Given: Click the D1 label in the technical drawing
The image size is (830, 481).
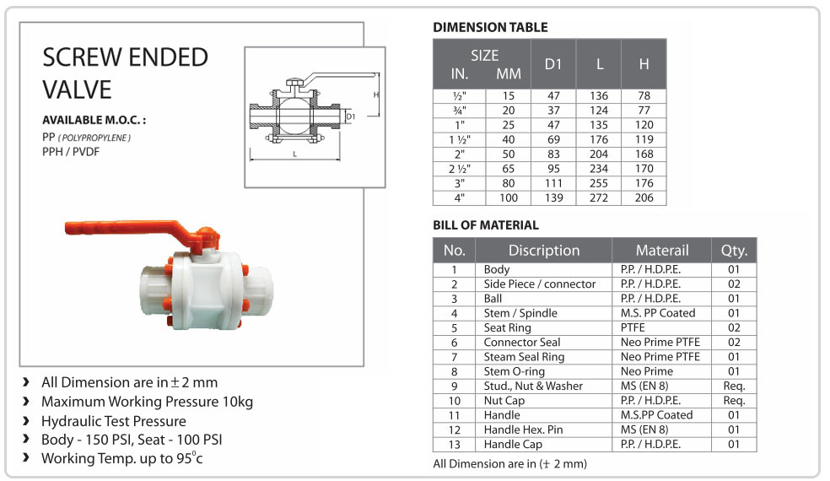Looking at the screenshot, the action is tap(351, 116).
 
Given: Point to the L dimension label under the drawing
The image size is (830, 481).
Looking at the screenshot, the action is tap(295, 154).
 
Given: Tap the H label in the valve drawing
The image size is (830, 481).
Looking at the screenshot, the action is tap(376, 95).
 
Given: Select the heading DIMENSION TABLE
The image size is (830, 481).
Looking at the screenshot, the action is tap(490, 28).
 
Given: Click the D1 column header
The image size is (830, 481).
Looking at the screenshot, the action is tap(553, 64).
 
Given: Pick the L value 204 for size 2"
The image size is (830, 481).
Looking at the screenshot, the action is tap(599, 154).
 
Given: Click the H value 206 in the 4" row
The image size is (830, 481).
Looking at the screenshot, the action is tap(644, 197).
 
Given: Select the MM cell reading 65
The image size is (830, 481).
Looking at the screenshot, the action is tap(508, 169).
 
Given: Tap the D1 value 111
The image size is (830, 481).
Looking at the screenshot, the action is tap(553, 183).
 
